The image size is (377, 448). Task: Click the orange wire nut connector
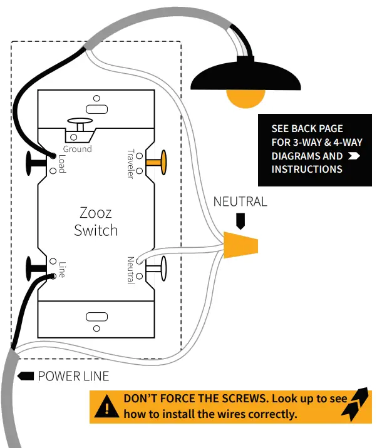tap(241, 245)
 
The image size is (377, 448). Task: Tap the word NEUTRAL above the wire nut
tap(240, 201)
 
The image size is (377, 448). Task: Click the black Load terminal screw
tap(33, 162)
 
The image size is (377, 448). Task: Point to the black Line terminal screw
tap(33, 268)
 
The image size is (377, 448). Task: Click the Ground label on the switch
tap(77, 149)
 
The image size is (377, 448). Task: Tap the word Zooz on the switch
tap(96, 212)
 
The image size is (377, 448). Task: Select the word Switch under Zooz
tap(96, 230)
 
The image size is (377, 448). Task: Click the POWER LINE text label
tap(73, 376)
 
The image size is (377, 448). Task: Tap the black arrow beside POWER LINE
tap(26, 376)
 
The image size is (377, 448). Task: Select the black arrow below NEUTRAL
tap(240, 220)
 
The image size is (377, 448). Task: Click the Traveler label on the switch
tap(130, 163)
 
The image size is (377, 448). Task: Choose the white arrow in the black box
tap(354, 156)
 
